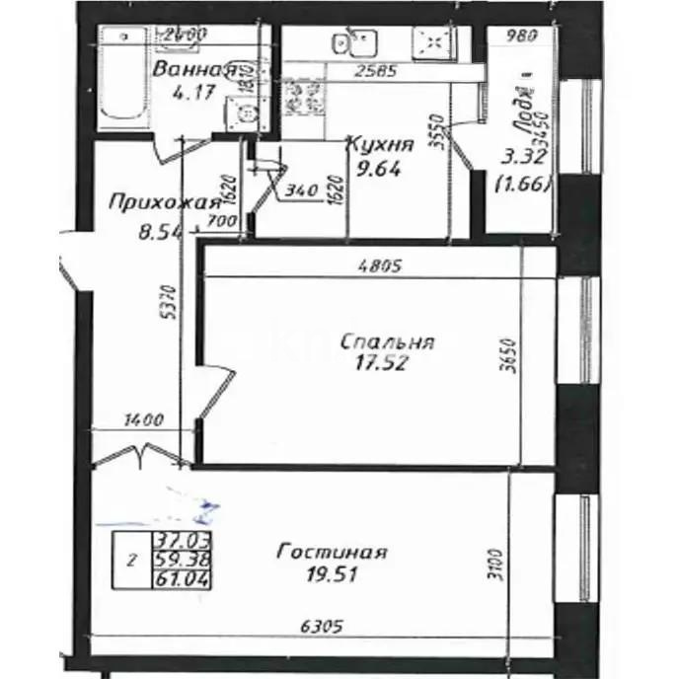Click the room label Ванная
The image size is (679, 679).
coord(193,69)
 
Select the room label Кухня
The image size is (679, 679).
coord(379,145)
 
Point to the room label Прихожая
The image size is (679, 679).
coord(163,203)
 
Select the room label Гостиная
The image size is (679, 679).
coord(332,552)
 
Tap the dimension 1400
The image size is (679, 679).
coord(144,420)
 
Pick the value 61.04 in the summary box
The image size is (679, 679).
coord(174,578)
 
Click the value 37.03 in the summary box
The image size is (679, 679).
coord(174,540)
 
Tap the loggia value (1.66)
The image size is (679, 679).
coord(523,183)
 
